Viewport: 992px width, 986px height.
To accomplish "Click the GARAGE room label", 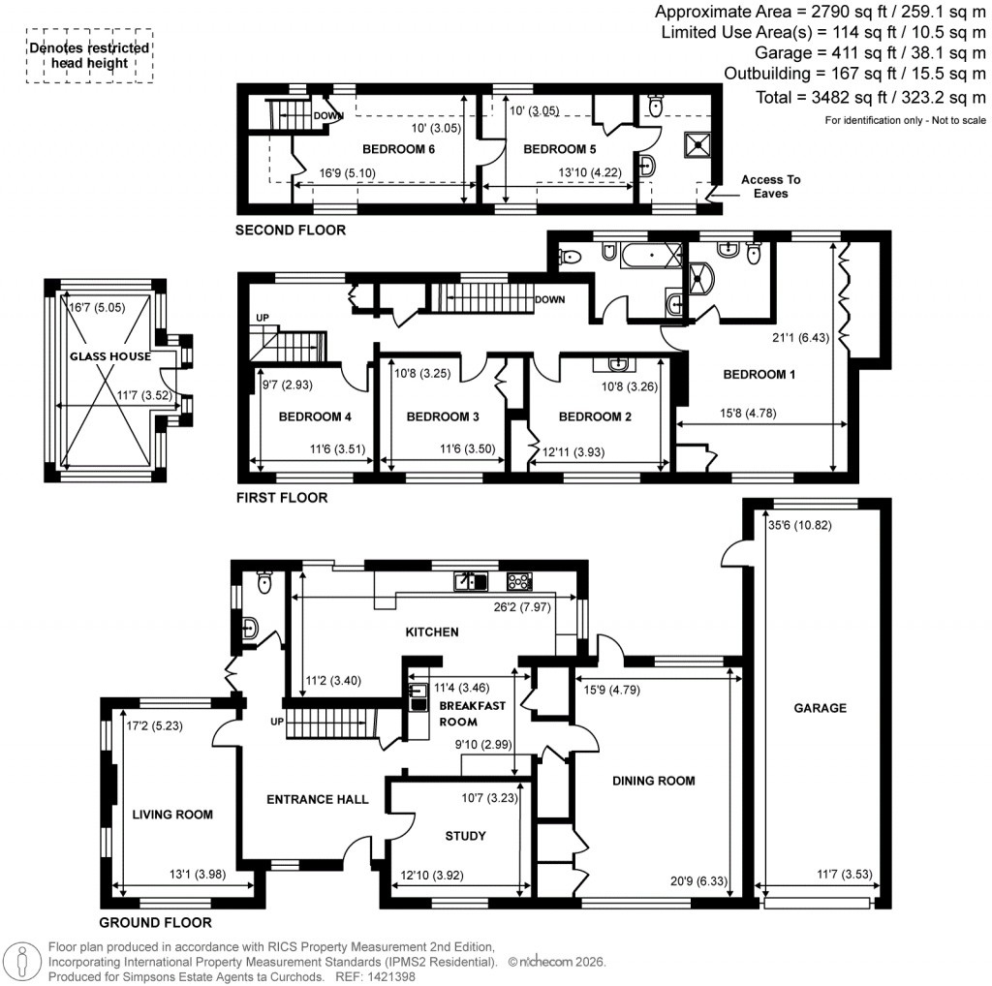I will tap(821, 708).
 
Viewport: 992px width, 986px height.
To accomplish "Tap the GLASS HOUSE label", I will tap(109, 356).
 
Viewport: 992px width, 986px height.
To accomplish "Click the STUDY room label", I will tap(465, 835).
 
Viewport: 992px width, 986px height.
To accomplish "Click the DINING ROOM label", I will tap(652, 780).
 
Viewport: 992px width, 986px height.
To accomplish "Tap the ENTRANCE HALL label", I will tap(318, 799).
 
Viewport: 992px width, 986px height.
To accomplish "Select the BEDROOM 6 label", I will tap(398, 149).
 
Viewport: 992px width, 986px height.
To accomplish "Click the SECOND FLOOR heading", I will tap(291, 231).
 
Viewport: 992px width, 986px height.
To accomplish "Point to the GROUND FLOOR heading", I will tap(155, 922).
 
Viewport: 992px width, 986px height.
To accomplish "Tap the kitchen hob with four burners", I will tap(519, 581).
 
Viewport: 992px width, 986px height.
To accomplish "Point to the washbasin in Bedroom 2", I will tap(617, 364).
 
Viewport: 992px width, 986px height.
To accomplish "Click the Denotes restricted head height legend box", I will tap(88, 55).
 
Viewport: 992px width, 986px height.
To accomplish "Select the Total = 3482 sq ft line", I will tap(870, 97).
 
